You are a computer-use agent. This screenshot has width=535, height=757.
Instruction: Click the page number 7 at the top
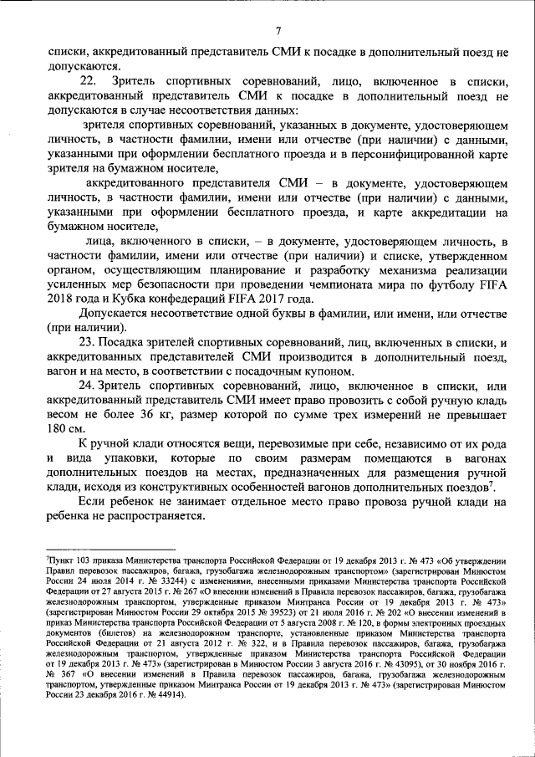point(278,31)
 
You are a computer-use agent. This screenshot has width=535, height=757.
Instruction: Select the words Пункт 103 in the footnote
point(65,550)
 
